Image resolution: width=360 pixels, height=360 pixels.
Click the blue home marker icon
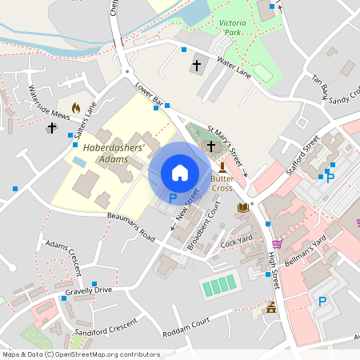(x=180, y=172)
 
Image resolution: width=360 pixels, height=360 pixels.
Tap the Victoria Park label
(x=240, y=26)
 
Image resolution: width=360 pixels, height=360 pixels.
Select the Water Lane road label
(x=234, y=67)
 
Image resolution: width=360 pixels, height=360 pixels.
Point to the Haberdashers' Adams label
(x=114, y=154)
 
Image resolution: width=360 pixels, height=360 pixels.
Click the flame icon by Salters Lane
(x=76, y=107)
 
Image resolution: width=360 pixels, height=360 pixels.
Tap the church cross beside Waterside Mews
(x=52, y=127)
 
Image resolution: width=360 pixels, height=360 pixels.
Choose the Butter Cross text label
(x=222, y=183)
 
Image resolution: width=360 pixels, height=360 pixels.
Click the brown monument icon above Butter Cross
(x=222, y=166)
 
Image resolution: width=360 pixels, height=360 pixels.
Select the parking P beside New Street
(x=173, y=198)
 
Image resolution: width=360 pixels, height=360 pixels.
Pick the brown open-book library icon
(x=243, y=208)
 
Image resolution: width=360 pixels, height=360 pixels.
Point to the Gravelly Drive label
(x=89, y=290)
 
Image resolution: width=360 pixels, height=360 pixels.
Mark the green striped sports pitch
(x=219, y=284)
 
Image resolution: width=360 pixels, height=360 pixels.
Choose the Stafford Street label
(x=303, y=154)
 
